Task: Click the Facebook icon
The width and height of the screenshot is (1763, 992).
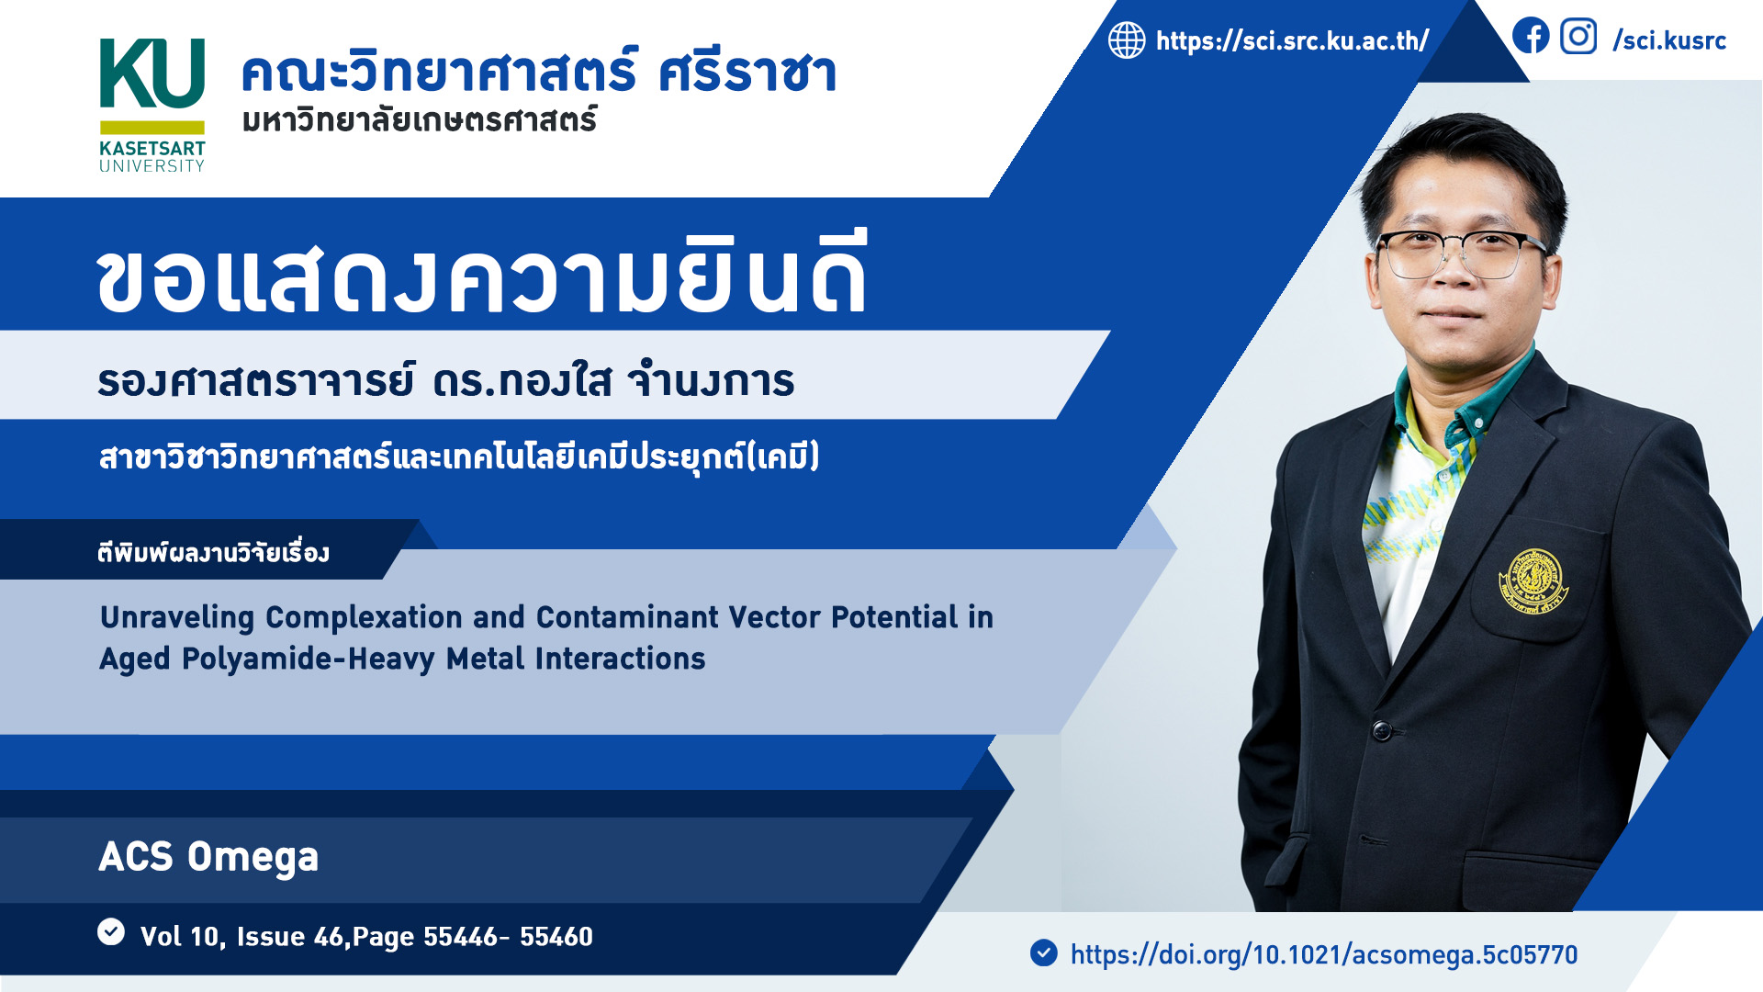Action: pyautogui.click(x=1531, y=37)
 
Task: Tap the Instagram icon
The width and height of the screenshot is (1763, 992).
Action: pyautogui.click(x=1578, y=37)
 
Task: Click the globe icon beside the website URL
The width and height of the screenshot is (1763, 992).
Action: pyautogui.click(x=1127, y=40)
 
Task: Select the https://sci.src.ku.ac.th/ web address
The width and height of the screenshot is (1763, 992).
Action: pyautogui.click(x=1292, y=40)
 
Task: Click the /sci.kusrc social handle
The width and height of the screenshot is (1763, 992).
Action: pyautogui.click(x=1669, y=40)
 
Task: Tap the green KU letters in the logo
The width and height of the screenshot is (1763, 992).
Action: pyautogui.click(x=152, y=73)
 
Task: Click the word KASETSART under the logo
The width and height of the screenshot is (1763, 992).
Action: pyautogui.click(x=152, y=148)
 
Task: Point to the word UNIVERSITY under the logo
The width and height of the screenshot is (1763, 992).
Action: pyautogui.click(x=152, y=166)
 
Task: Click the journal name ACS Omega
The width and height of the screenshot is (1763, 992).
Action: pyautogui.click(x=208, y=857)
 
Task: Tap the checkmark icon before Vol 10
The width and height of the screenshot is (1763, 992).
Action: pyautogui.click(x=111, y=931)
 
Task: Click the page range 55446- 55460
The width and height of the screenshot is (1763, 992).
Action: pyautogui.click(x=508, y=937)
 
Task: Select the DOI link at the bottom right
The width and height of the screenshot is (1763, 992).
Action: pyautogui.click(x=1324, y=955)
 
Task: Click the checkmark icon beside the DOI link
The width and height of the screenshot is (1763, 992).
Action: pyautogui.click(x=1044, y=953)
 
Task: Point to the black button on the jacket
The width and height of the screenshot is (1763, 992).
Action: pyautogui.click(x=1381, y=731)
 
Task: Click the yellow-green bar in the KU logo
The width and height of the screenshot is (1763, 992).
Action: pyautogui.click(x=152, y=128)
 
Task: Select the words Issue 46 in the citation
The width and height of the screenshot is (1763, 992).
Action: pyautogui.click(x=290, y=937)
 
